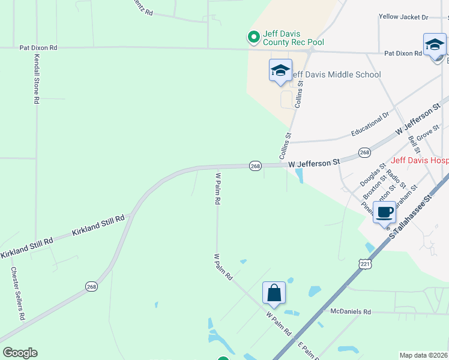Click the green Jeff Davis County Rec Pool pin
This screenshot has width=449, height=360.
click(x=253, y=38)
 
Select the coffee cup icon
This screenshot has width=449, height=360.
click(x=384, y=212)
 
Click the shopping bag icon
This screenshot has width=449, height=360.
click(x=274, y=293)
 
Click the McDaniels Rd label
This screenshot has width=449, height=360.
click(x=351, y=312)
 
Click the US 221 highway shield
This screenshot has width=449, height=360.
click(x=364, y=264)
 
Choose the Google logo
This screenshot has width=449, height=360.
click(x=20, y=353)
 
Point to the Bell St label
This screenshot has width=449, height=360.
click(x=412, y=143)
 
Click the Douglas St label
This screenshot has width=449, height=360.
click(x=372, y=174)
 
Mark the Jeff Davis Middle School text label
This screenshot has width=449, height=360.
click(x=335, y=75)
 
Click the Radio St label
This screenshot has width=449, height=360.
click(x=397, y=178)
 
